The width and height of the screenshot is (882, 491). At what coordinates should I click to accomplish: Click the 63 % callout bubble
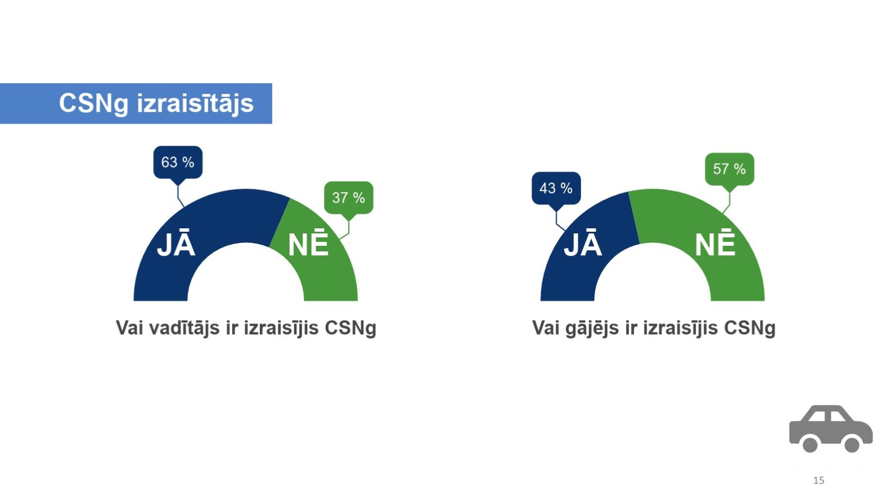[x=178, y=162]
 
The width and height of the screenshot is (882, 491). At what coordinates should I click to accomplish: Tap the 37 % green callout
[x=349, y=197]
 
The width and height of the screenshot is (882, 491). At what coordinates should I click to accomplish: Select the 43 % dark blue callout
[x=556, y=188]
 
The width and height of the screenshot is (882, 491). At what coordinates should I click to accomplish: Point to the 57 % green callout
[x=729, y=169]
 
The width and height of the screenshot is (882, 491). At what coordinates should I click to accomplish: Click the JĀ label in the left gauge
[x=176, y=242]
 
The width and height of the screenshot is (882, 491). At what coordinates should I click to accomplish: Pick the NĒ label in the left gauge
[x=308, y=242]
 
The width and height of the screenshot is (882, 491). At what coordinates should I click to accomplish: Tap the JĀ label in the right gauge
[x=583, y=242]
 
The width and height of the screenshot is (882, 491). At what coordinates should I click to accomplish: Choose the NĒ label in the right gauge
[x=715, y=242]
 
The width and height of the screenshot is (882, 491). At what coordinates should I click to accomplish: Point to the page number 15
[x=818, y=480]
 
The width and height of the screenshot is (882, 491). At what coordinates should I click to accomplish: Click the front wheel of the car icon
[x=852, y=445]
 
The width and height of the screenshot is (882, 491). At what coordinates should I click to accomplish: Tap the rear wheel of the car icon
[x=810, y=445]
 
